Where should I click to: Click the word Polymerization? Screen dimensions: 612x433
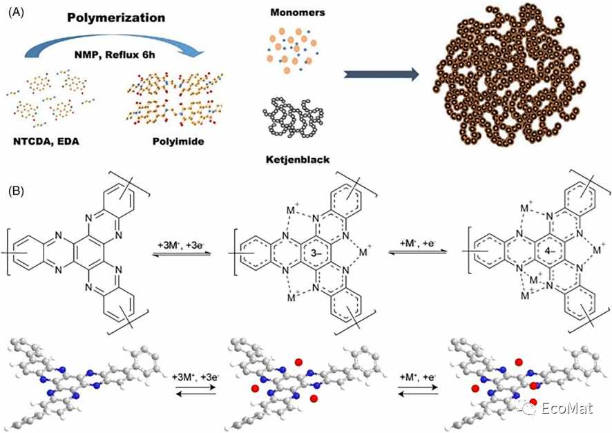[116, 18]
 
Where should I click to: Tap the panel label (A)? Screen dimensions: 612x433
[16, 12]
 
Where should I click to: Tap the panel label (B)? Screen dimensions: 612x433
[16, 191]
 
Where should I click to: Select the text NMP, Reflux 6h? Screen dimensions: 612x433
[115, 55]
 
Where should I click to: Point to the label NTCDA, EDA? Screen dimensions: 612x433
[46, 141]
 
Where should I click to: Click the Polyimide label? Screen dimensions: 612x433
[178, 141]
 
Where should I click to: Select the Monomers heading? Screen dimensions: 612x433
[298, 12]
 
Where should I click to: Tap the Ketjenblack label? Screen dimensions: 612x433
[298, 160]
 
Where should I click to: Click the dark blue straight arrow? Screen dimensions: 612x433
[381, 75]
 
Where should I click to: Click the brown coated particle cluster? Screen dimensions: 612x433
[509, 75]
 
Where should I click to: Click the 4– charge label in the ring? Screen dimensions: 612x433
[551, 251]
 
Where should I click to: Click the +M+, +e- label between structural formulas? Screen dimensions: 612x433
[417, 243]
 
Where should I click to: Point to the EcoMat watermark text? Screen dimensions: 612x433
[567, 408]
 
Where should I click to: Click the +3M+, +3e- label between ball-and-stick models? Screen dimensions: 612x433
[195, 377]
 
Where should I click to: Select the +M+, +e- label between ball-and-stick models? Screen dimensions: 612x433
[417, 377]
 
